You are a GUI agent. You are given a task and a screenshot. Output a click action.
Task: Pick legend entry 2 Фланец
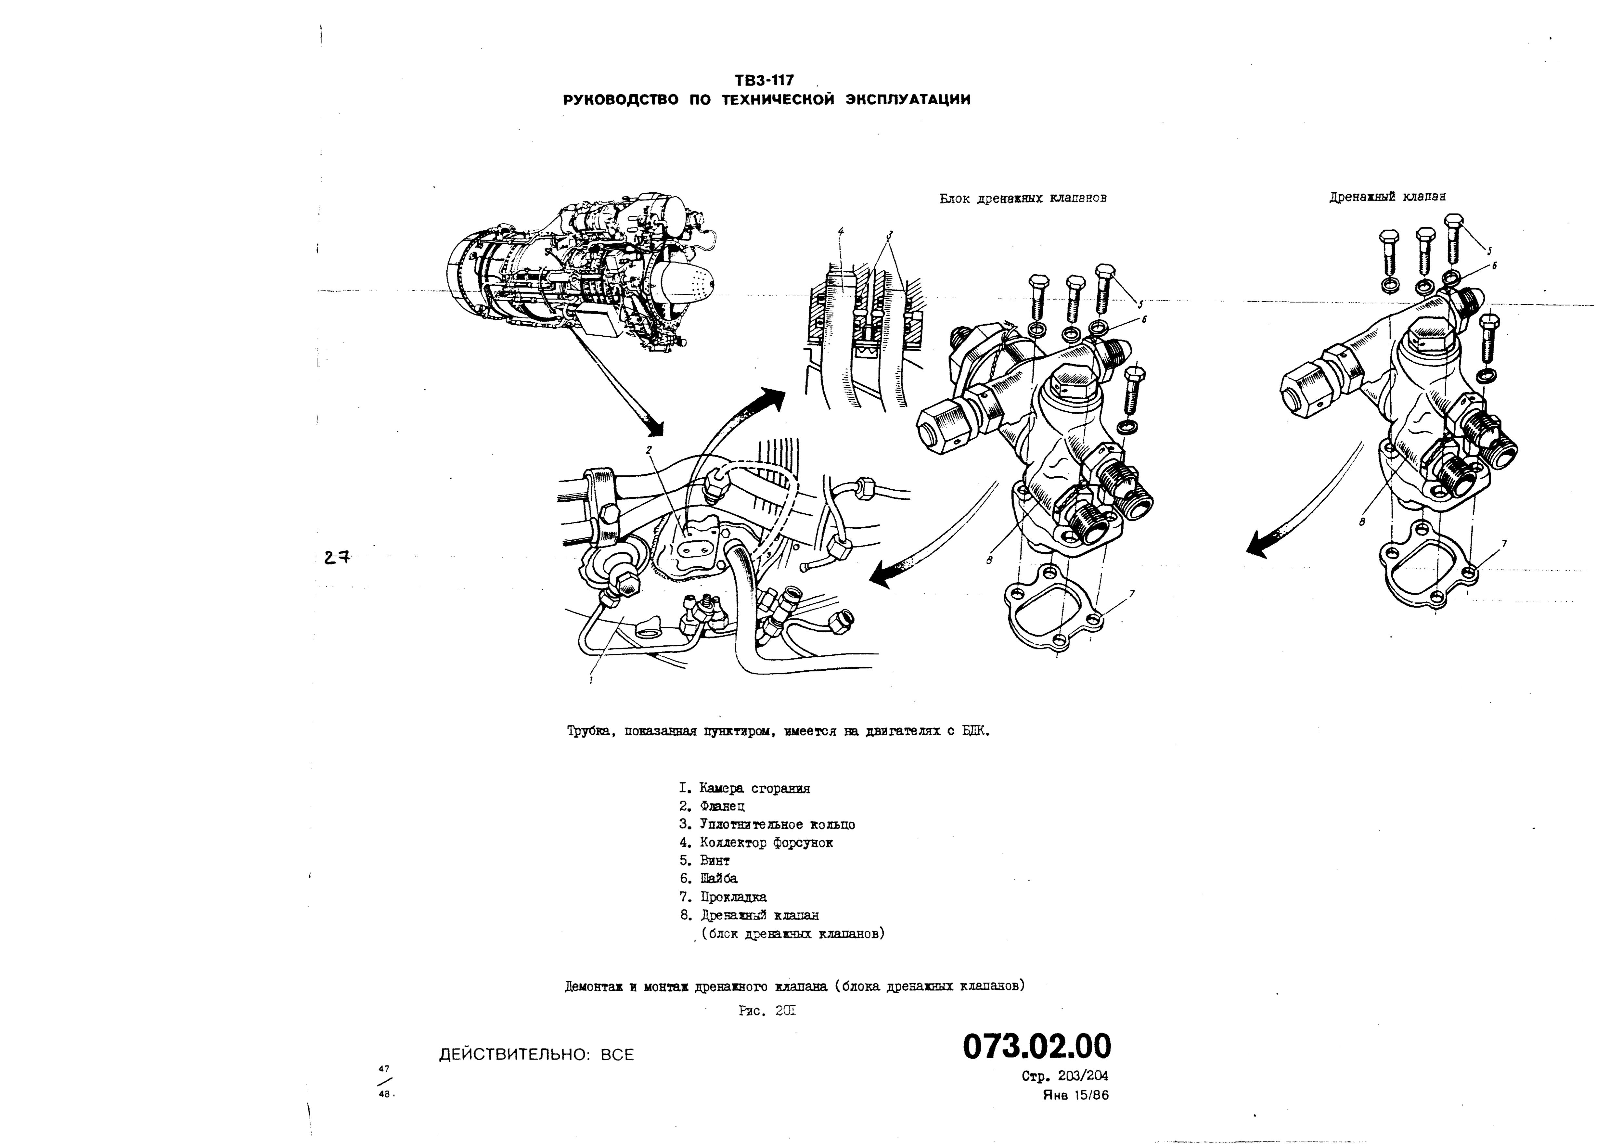[712, 806]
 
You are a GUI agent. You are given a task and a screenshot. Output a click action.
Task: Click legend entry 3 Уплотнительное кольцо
[767, 824]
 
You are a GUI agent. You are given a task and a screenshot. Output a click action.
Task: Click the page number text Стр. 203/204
[1065, 1076]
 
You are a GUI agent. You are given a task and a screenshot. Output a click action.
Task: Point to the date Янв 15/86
[1075, 1095]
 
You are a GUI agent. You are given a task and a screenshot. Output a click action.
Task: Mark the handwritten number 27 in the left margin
[337, 557]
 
